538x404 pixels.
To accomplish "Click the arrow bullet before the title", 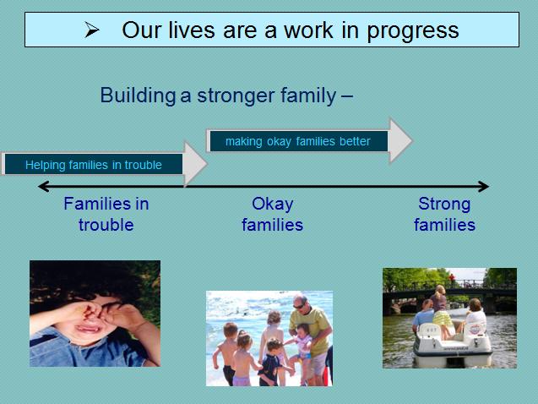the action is coord(91,30).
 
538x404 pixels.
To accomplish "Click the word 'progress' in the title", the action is coord(413,31).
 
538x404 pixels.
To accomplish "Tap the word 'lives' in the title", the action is coord(192,30).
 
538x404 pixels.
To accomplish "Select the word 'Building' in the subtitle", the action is coord(138,95).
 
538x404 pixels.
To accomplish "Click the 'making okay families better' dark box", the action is coord(298,141).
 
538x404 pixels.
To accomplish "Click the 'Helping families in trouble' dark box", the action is coord(93,165).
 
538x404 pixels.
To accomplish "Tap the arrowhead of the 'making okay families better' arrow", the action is coord(400,140).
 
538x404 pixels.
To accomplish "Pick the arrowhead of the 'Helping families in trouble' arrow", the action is coord(196,164).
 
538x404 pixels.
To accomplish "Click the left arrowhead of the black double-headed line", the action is coord(43,187).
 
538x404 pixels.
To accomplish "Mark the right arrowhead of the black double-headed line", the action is coord(484,187).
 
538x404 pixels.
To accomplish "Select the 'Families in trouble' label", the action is coord(106,214).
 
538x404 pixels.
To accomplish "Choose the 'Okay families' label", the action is coord(273,214).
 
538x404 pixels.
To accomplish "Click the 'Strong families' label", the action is coord(444,214).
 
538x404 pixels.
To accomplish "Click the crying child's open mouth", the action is coord(90,329).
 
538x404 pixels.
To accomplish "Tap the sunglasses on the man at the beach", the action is coord(298,306).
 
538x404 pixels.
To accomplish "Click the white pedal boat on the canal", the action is coord(452,342).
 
